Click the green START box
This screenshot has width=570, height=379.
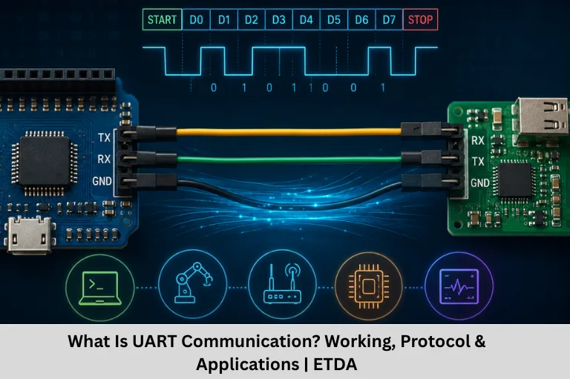click(162, 19)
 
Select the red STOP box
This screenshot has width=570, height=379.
click(420, 19)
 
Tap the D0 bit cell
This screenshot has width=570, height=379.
click(196, 19)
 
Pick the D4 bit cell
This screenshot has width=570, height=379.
click(306, 19)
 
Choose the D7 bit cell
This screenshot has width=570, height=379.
click(389, 19)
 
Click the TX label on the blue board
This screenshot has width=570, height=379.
click(104, 138)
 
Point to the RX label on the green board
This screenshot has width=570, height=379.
click(478, 141)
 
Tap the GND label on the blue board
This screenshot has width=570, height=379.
click(102, 181)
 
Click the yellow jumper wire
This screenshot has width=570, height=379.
click(289, 132)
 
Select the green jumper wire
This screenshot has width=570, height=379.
click(289, 159)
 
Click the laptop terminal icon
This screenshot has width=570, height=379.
click(100, 288)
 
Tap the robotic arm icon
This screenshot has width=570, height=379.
click(193, 283)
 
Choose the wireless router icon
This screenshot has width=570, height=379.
click(283, 285)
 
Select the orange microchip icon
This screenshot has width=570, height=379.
click(369, 286)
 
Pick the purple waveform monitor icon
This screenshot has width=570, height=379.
click(459, 286)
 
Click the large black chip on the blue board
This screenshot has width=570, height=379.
click(45, 161)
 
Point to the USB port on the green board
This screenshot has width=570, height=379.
click(540, 117)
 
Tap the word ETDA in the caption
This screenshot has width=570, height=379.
click(335, 364)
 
